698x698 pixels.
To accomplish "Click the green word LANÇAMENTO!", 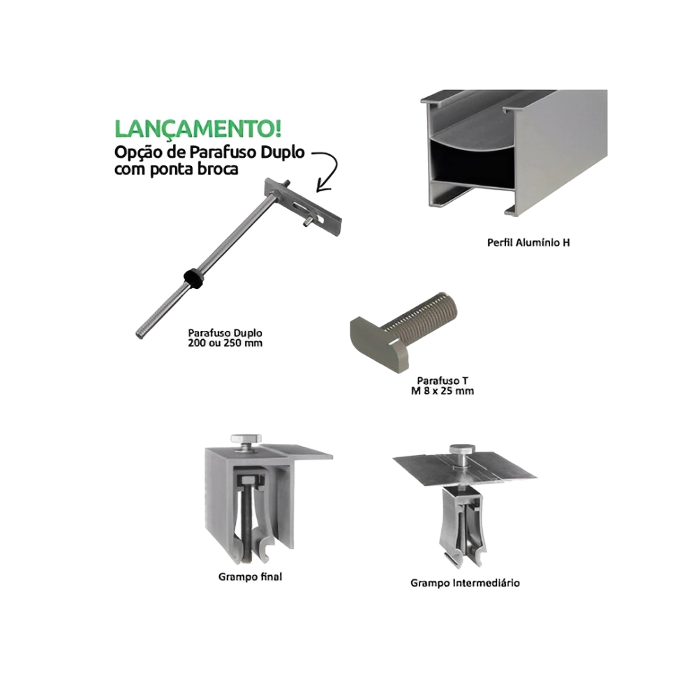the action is click(198, 128).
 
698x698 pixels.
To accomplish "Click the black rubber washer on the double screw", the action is click(194, 277).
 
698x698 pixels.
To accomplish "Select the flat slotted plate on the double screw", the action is click(303, 205).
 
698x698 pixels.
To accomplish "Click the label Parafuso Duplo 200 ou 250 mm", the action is click(225, 338).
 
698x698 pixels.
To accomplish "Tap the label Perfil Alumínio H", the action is click(528, 243).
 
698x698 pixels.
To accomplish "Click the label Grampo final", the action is click(250, 577).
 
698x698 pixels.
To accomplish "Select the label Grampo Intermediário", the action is click(465, 583).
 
